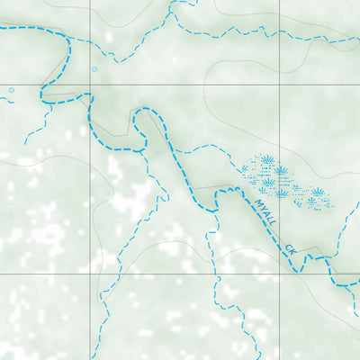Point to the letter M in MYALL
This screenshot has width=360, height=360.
click(x=256, y=202)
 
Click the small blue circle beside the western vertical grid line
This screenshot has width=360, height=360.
click(x=94, y=68)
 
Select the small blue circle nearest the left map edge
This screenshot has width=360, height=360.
click(x=12, y=89)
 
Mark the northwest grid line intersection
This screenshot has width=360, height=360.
click(x=90, y=90)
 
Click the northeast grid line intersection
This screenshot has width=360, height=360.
click(x=279, y=90)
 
